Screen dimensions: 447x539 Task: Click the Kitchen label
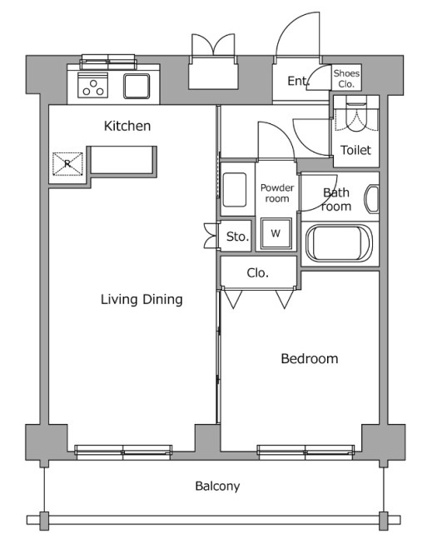(127, 126)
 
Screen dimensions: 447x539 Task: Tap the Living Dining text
(142, 299)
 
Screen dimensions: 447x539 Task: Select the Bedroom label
(309, 358)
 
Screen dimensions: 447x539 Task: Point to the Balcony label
(217, 486)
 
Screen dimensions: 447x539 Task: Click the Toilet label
(355, 150)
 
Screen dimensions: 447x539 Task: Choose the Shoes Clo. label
(346, 78)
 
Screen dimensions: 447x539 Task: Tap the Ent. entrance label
(298, 81)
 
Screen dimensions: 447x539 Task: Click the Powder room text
(277, 192)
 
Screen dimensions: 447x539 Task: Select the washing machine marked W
(276, 233)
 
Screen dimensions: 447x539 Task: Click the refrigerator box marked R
(67, 163)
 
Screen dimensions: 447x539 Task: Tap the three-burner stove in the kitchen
(93, 85)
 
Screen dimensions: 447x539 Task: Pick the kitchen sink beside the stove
(137, 86)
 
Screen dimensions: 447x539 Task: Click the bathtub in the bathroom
(339, 243)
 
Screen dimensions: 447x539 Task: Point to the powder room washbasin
(235, 190)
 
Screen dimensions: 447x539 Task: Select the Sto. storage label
(237, 237)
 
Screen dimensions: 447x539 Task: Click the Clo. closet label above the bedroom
(257, 273)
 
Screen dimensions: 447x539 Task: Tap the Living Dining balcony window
(123, 452)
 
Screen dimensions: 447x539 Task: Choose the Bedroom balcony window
(305, 452)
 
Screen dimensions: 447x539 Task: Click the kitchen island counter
(122, 162)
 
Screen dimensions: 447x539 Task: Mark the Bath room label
(336, 199)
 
